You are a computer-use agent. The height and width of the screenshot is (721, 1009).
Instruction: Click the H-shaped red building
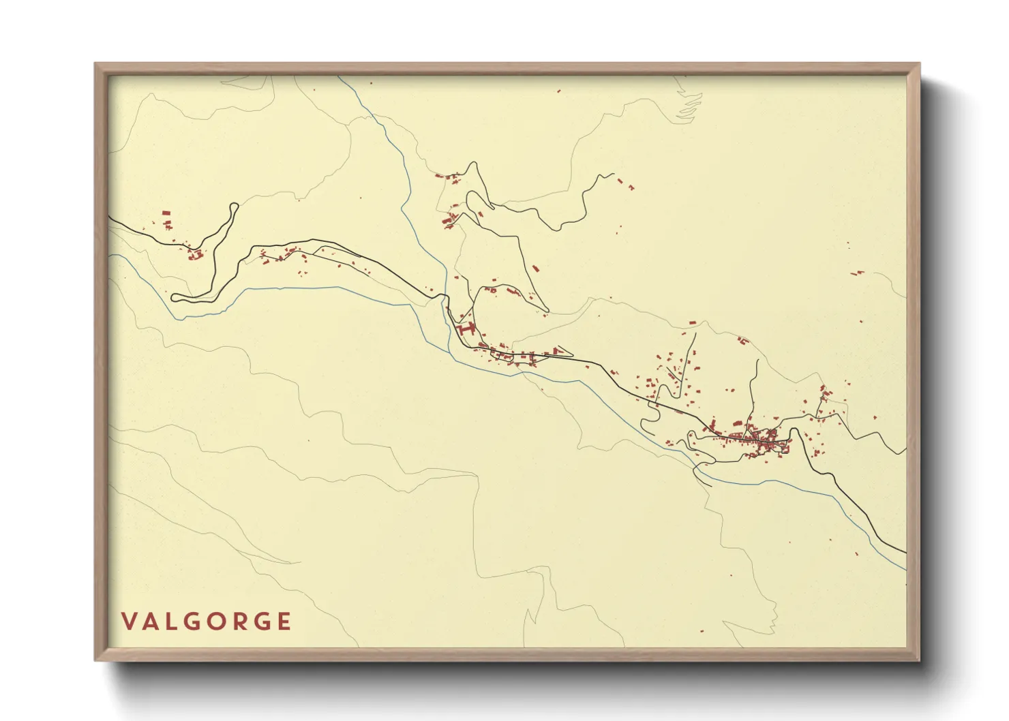point(467,330)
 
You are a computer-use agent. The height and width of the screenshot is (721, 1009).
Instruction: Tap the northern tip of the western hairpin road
point(235,205)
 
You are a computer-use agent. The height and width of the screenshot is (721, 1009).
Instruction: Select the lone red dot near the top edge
point(559,91)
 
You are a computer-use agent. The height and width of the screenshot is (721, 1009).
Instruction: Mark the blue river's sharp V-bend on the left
point(183,317)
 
